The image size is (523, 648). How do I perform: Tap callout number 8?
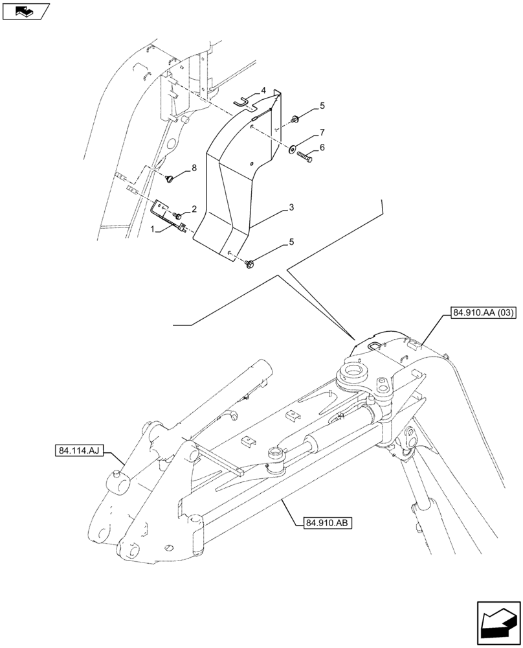tap(193, 168)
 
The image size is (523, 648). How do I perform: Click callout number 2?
tap(193, 209)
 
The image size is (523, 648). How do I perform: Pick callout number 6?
tap(322, 148)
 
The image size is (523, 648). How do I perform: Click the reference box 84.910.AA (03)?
tap(480, 314)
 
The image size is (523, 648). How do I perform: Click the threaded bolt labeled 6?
tap(306, 156)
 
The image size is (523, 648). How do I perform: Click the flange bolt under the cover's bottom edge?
tap(251, 263)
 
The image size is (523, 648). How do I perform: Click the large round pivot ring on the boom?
tap(353, 374)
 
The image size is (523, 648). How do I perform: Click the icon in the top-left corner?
tap(25, 10)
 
